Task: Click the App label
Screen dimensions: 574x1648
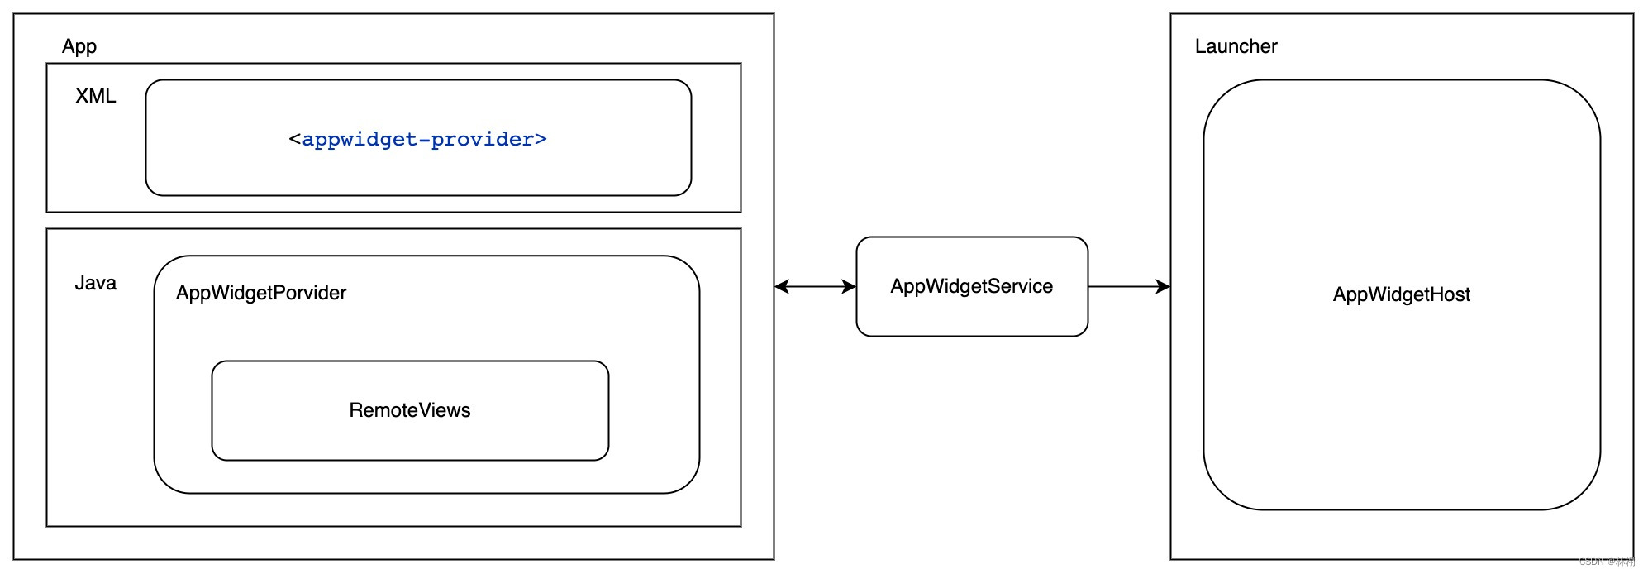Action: coord(79,46)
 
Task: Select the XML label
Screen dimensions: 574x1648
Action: coord(96,96)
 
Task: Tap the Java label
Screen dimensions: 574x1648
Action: coord(96,283)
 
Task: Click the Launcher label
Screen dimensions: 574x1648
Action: coord(1236,46)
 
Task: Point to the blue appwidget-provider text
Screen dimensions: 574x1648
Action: coord(418,139)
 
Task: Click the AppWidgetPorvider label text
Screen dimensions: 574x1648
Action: coord(261,293)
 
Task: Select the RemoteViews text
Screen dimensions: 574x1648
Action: coord(410,410)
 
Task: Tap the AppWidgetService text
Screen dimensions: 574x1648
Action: coord(972,286)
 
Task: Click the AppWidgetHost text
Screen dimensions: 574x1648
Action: coord(1402,294)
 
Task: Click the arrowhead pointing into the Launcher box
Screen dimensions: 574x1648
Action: coord(1164,286)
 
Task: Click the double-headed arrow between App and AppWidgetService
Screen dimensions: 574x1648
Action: coord(815,286)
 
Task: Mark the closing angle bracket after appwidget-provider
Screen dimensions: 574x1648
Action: coord(541,139)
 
